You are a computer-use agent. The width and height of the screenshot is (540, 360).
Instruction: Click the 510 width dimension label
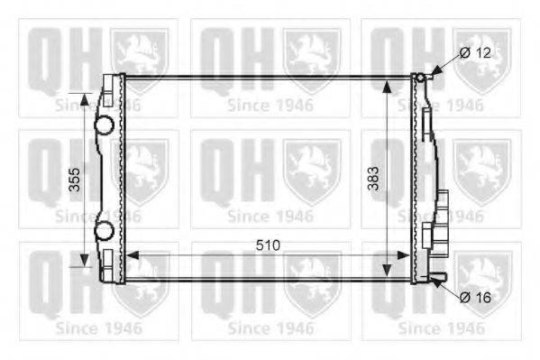click(268, 245)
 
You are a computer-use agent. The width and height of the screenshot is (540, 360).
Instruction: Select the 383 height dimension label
click(373, 179)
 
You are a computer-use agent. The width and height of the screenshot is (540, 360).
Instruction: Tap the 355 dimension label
click(75, 180)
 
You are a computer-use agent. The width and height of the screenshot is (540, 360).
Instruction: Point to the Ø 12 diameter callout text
click(475, 53)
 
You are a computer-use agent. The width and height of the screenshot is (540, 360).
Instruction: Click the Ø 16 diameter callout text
click(475, 297)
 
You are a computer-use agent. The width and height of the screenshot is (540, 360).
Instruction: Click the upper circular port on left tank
click(104, 125)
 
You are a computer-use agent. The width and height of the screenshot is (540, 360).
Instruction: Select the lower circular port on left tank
click(104, 230)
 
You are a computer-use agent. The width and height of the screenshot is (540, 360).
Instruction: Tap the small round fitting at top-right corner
click(420, 78)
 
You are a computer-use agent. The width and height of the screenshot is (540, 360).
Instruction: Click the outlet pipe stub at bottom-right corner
click(437, 276)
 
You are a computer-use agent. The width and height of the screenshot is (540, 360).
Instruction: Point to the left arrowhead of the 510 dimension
click(133, 255)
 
